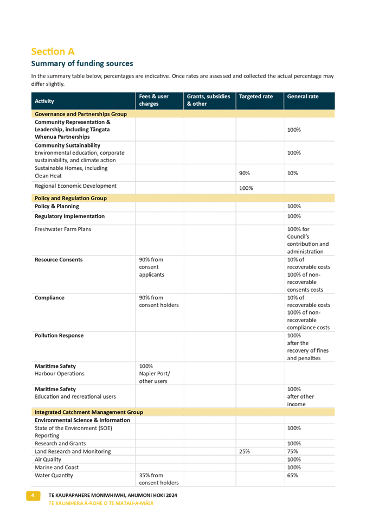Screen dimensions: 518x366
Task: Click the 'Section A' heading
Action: click(53, 52)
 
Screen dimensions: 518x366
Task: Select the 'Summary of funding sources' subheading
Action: click(82, 64)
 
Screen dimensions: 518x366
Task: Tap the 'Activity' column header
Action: click(44, 101)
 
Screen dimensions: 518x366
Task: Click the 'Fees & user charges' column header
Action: click(154, 100)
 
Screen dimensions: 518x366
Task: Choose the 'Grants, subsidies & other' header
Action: click(204, 100)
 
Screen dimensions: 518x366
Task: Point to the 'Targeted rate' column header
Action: click(255, 97)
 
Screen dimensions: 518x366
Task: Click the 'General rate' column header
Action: click(303, 97)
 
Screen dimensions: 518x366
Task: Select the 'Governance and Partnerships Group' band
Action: click(81, 114)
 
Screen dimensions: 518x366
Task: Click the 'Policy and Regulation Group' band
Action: click(70, 198)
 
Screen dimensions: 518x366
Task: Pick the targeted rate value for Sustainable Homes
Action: click(244, 173)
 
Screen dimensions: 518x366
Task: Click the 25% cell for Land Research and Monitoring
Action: click(244, 451)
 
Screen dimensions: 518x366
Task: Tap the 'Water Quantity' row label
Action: click(54, 476)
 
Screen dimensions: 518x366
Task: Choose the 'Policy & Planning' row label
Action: click(57, 206)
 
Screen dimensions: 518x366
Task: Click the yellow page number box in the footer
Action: click(33, 496)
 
